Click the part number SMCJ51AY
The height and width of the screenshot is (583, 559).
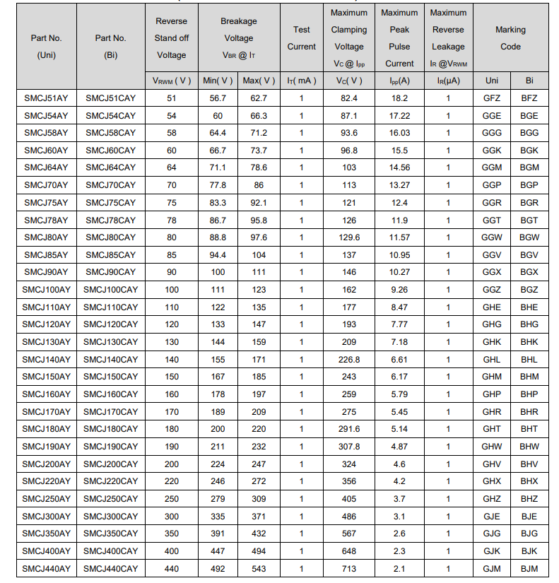[46, 98]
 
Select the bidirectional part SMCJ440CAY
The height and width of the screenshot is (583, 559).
[110, 568]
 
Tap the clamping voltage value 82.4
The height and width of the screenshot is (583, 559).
[349, 98]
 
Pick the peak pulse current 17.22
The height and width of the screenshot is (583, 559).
[399, 115]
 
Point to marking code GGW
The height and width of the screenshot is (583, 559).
[491, 237]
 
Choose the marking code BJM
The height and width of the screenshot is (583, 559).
[529, 568]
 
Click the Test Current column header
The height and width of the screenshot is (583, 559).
[302, 38]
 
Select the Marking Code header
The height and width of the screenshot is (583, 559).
[510, 38]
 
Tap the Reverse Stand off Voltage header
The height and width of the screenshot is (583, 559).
[172, 38]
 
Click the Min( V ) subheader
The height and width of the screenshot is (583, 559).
[218, 81]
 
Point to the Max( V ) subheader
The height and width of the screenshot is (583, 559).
[259, 81]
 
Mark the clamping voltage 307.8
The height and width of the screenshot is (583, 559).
[349, 447]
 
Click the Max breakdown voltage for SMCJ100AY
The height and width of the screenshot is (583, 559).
[259, 290]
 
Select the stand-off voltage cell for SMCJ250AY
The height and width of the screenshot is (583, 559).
[172, 499]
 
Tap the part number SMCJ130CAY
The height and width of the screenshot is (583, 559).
[110, 342]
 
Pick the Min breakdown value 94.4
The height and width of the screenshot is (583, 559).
[218, 255]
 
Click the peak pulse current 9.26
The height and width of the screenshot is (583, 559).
[399, 290]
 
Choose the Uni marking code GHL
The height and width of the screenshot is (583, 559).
[491, 360]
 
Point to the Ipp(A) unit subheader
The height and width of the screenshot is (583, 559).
[399, 81]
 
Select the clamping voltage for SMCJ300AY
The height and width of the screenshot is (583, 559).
[349, 517]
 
